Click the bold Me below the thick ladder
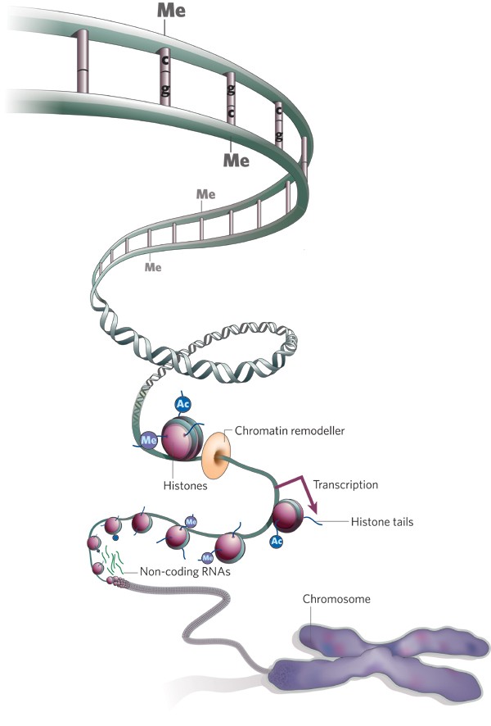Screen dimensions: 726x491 (236, 160)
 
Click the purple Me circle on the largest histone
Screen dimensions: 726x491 (149, 440)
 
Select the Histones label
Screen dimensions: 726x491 (185, 486)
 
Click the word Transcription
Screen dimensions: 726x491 (345, 484)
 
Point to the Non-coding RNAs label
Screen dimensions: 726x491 (186, 574)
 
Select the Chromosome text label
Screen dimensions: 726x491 (336, 599)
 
